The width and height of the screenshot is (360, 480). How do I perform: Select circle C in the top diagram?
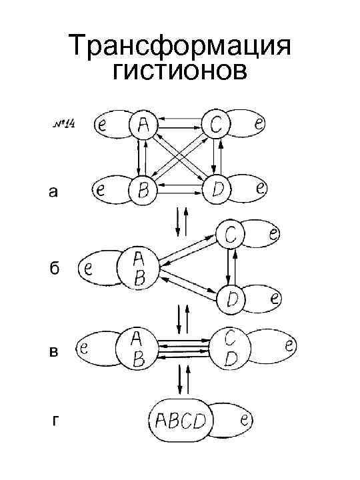pyautogui.click(x=215, y=124)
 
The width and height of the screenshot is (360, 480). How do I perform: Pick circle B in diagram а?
pyautogui.click(x=142, y=189)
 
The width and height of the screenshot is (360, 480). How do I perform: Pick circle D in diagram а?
pyautogui.click(x=216, y=189)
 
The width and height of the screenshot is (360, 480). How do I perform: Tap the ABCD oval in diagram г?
pyautogui.click(x=178, y=421)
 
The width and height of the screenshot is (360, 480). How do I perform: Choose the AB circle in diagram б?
pyautogui.click(x=137, y=268)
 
